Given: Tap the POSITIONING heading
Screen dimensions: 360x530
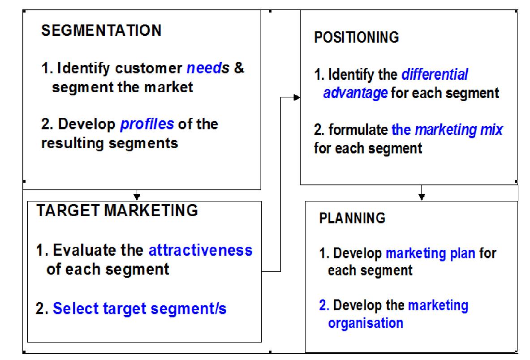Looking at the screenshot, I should click(x=357, y=38).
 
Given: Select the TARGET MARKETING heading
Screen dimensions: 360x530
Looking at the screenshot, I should click(x=117, y=210).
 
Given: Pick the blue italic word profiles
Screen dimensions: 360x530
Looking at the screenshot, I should click(x=147, y=124).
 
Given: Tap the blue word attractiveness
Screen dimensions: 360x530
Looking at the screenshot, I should click(x=200, y=250).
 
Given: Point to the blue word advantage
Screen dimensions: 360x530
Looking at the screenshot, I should click(x=356, y=94).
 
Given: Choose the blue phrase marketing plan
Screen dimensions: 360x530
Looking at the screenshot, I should click(x=430, y=253).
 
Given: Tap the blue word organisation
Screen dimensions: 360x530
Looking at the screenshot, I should click(x=366, y=323).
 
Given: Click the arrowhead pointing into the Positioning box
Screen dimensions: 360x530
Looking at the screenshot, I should click(x=297, y=97).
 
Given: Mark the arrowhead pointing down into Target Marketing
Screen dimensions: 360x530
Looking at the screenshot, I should click(x=137, y=196).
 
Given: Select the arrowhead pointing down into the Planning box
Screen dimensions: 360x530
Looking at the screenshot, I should click(x=422, y=196).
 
